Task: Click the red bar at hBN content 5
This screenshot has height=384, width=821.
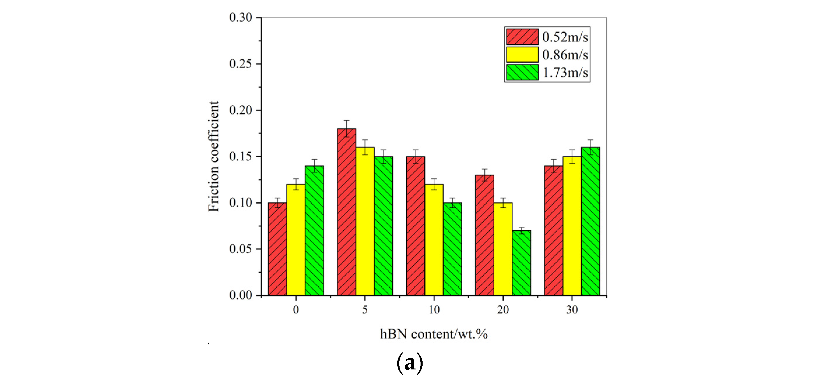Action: point(347,212)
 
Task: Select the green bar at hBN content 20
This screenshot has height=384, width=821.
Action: point(521,263)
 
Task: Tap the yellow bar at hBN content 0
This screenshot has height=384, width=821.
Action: point(296,240)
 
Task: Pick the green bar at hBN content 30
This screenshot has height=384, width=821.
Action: point(590,221)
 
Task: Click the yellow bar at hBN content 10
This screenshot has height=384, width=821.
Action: point(434,240)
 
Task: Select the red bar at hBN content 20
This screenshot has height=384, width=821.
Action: point(484,235)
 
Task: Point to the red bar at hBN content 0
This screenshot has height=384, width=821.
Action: point(277,249)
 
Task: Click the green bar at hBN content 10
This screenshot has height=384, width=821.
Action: point(452,249)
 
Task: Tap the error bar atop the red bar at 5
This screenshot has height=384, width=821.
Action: point(347,128)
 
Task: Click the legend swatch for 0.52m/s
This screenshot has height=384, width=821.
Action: point(522,37)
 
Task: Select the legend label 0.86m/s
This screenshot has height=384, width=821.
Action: point(565,55)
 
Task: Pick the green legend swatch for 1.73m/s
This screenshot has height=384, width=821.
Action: point(522,72)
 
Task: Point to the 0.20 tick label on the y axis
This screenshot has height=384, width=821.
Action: point(241,110)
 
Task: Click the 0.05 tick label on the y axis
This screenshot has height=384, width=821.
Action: point(241,249)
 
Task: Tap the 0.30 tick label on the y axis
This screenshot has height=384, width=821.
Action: point(241,17)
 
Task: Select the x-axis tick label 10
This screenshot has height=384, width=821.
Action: point(434,309)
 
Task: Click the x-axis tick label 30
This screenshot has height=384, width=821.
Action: point(572,309)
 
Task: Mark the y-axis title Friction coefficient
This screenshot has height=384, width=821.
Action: point(214,156)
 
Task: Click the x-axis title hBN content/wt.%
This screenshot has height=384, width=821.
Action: point(434,334)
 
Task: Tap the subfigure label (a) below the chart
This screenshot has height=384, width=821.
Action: point(410,363)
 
